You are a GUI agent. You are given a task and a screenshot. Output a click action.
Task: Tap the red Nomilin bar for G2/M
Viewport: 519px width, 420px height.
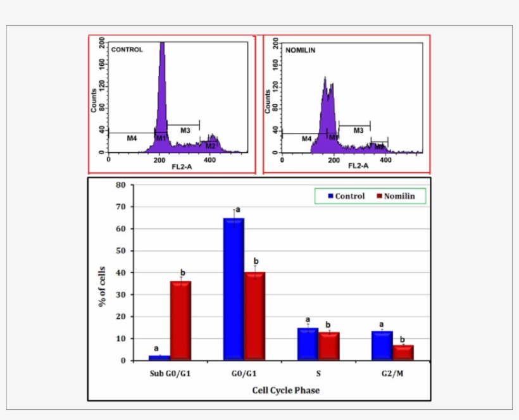[403, 352]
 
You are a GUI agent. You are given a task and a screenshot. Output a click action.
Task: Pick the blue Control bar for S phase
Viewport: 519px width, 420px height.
[308, 344]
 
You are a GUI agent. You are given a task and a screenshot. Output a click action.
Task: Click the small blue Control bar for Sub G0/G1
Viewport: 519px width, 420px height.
[159, 357]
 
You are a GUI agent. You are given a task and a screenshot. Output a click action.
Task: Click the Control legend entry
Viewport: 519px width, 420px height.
[346, 196]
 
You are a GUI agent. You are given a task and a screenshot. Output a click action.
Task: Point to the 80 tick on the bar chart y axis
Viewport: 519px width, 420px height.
[120, 185]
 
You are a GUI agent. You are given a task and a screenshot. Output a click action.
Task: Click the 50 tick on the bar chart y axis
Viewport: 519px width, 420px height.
[120, 250]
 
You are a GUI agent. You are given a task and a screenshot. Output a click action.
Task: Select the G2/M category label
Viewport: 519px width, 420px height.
[393, 374]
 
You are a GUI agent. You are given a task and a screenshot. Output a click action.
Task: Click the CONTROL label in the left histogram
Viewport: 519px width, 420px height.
[127, 49]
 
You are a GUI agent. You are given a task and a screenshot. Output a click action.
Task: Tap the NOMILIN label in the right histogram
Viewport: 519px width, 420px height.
[300, 49]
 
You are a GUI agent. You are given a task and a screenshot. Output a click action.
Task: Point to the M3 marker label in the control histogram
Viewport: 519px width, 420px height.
[185, 130]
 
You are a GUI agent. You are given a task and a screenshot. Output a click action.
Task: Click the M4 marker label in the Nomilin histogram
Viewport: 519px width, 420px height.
[306, 139]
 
